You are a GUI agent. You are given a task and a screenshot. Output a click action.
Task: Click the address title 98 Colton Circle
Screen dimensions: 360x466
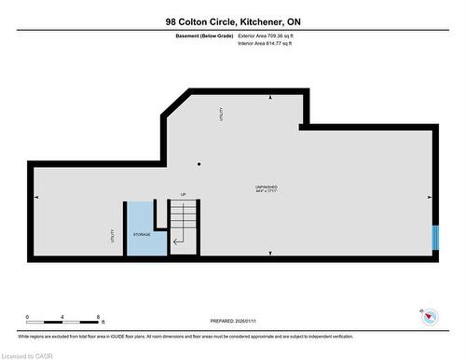coord(233,21)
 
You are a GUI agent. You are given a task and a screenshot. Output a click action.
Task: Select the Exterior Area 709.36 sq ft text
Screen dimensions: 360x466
coord(272,35)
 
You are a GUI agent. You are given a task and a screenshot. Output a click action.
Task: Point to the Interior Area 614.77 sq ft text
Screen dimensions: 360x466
coord(271,42)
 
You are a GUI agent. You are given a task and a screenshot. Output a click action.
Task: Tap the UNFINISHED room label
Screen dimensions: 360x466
coord(266,187)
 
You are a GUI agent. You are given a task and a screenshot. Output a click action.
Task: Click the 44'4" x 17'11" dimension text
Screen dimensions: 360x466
coord(266,193)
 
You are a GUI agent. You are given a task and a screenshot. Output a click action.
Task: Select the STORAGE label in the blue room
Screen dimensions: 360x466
coord(142,234)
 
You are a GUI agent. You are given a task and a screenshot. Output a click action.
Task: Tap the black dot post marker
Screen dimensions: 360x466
coord(199,164)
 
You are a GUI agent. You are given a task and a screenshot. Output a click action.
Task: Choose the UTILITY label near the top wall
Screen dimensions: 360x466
coord(221,115)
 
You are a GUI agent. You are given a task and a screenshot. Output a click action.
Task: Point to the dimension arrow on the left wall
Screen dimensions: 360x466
coord(36,197)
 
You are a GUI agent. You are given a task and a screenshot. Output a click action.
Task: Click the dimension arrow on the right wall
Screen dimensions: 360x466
coord(428,197)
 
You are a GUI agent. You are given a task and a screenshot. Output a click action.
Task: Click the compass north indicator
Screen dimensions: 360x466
coord(430,316)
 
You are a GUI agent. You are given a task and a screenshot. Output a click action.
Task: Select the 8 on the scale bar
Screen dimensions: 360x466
coord(99,317)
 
